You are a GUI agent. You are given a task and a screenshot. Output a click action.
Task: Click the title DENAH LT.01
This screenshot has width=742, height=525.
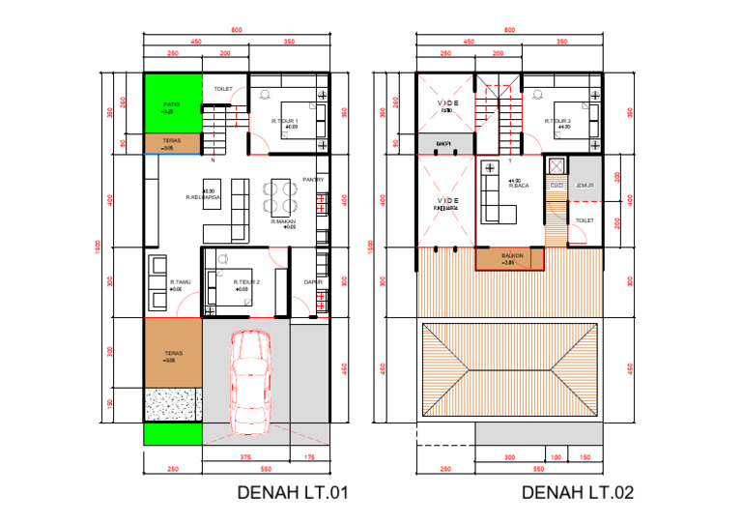pos(292,493)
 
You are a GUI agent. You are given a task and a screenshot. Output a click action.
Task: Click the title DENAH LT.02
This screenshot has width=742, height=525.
pos(578,493)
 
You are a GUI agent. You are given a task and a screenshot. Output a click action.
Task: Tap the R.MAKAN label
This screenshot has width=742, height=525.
pos(283,222)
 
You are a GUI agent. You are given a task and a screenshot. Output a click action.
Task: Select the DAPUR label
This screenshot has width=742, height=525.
pos(312,281)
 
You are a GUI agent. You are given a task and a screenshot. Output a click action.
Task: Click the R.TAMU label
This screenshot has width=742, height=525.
pos(176,283)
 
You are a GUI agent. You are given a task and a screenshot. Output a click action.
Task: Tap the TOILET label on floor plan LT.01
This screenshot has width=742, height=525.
pos(224,89)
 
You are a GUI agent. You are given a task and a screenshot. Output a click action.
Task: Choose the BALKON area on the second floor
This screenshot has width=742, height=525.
pos(511,257)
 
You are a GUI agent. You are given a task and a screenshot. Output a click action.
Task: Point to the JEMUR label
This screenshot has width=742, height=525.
pos(584,186)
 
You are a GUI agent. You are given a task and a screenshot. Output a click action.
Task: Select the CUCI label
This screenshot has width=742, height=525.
pos(556,186)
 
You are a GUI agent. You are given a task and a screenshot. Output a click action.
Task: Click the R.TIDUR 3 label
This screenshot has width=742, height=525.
pos(557,121)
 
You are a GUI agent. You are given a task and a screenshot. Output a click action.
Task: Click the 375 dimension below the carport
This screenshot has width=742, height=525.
pos(246,458)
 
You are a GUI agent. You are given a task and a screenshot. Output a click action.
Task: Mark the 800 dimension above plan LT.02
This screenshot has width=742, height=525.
pos(509,31)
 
